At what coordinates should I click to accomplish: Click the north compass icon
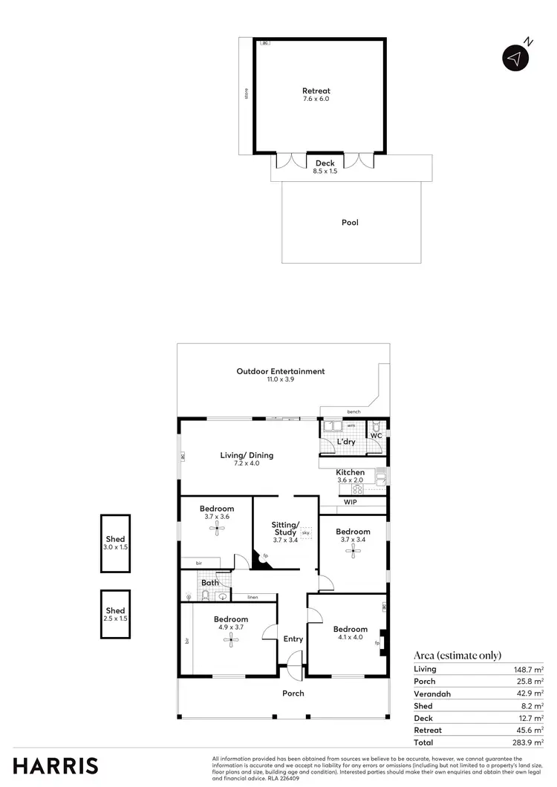click(515, 58)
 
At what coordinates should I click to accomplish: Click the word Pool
click(350, 222)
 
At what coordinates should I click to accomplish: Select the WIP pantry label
click(351, 502)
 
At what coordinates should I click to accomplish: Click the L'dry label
click(346, 442)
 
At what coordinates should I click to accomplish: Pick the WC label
click(376, 435)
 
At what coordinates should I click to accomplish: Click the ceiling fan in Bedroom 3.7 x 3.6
click(217, 529)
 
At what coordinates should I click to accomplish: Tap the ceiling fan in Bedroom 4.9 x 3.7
click(231, 642)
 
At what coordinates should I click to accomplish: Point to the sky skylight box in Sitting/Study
click(305, 533)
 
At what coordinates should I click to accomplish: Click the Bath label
click(209, 583)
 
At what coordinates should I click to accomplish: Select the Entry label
click(293, 639)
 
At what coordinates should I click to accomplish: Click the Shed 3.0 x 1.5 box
click(115, 543)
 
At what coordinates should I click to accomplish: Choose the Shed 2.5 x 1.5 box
click(115, 614)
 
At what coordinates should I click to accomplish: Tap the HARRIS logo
click(55, 765)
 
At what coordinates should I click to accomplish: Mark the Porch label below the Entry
click(293, 693)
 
